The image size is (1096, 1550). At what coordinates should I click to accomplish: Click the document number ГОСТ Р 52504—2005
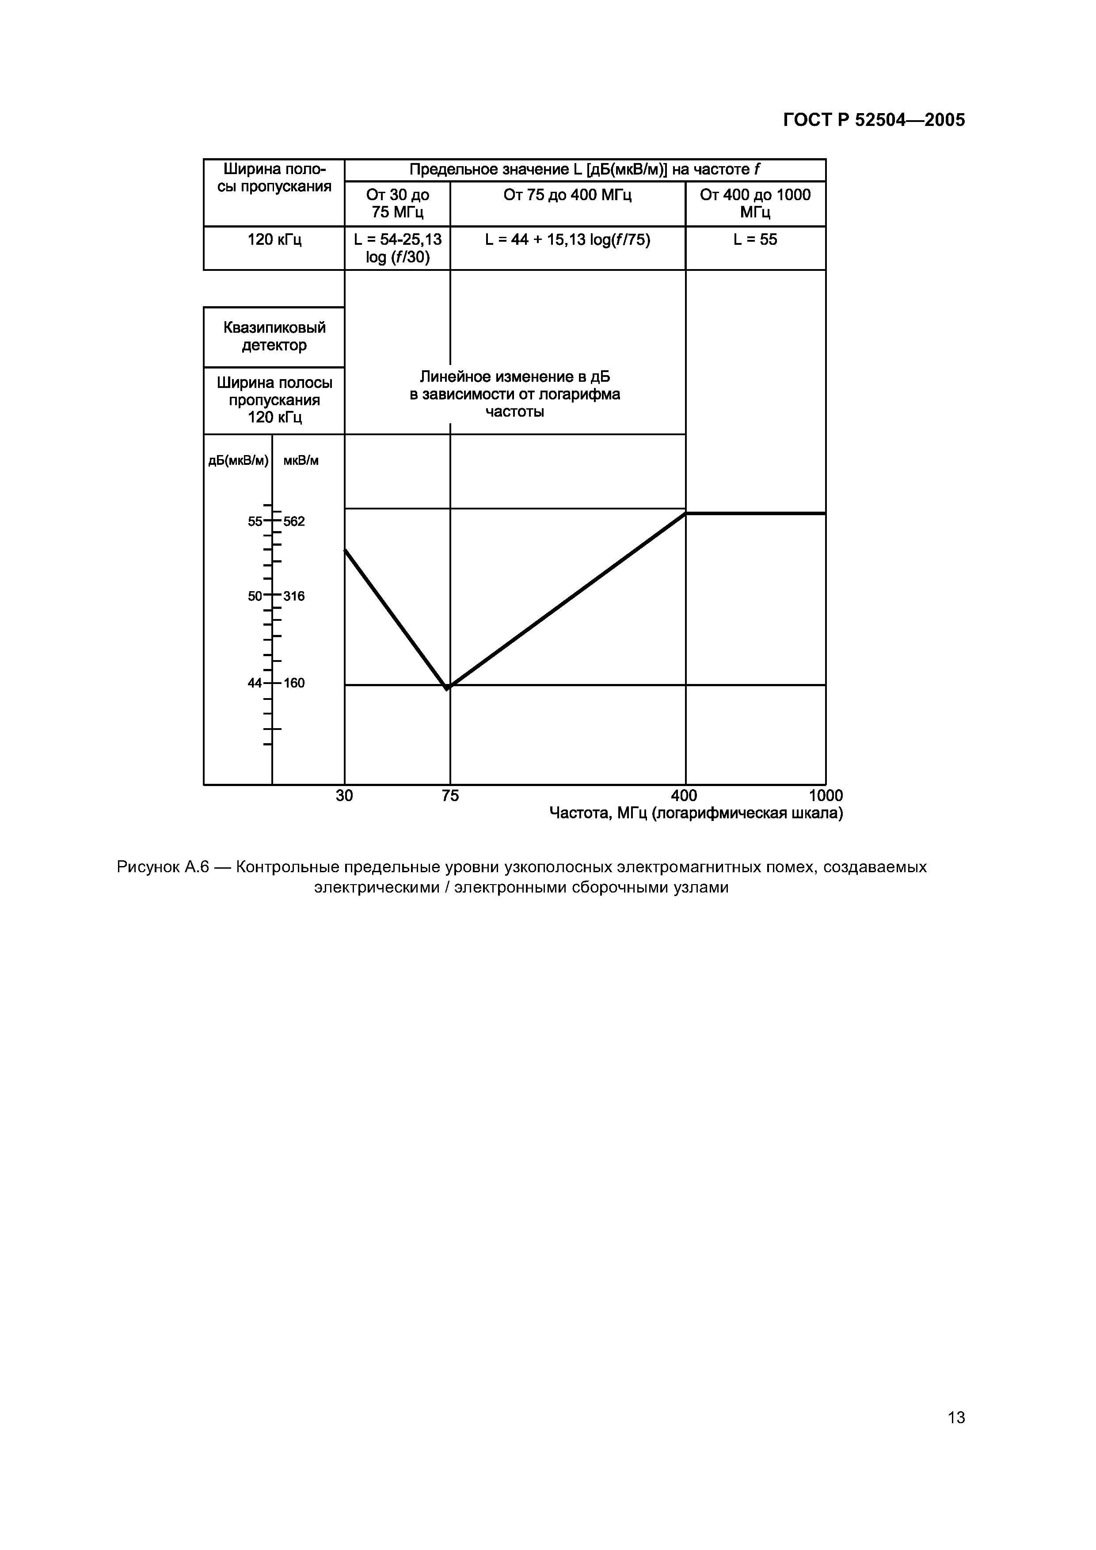(x=874, y=120)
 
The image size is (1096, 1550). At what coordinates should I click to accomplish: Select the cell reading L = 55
(x=755, y=239)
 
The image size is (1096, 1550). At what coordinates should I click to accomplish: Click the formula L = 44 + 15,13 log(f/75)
(x=567, y=239)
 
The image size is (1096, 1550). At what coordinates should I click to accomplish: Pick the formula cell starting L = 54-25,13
(x=398, y=248)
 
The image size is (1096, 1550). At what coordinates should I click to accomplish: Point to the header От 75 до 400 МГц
(x=567, y=195)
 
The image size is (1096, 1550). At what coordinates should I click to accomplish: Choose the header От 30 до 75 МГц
(x=398, y=203)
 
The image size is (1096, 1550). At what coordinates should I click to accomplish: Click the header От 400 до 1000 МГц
(x=755, y=203)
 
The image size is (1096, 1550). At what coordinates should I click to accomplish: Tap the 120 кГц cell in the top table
(x=274, y=239)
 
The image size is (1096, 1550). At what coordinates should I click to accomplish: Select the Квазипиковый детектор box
(x=274, y=336)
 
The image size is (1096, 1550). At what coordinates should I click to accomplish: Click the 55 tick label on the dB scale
(x=255, y=521)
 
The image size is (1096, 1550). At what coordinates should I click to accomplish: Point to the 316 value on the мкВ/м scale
(x=294, y=596)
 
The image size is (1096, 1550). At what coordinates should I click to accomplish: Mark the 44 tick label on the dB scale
(x=255, y=683)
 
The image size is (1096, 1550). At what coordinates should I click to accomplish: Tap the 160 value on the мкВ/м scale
(x=294, y=683)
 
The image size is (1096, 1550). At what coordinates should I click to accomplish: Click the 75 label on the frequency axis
(x=450, y=796)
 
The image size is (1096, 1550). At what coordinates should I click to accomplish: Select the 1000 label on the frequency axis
(x=826, y=796)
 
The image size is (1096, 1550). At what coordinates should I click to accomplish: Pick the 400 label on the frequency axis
(x=684, y=796)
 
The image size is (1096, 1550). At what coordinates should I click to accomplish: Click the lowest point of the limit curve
(x=447, y=688)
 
